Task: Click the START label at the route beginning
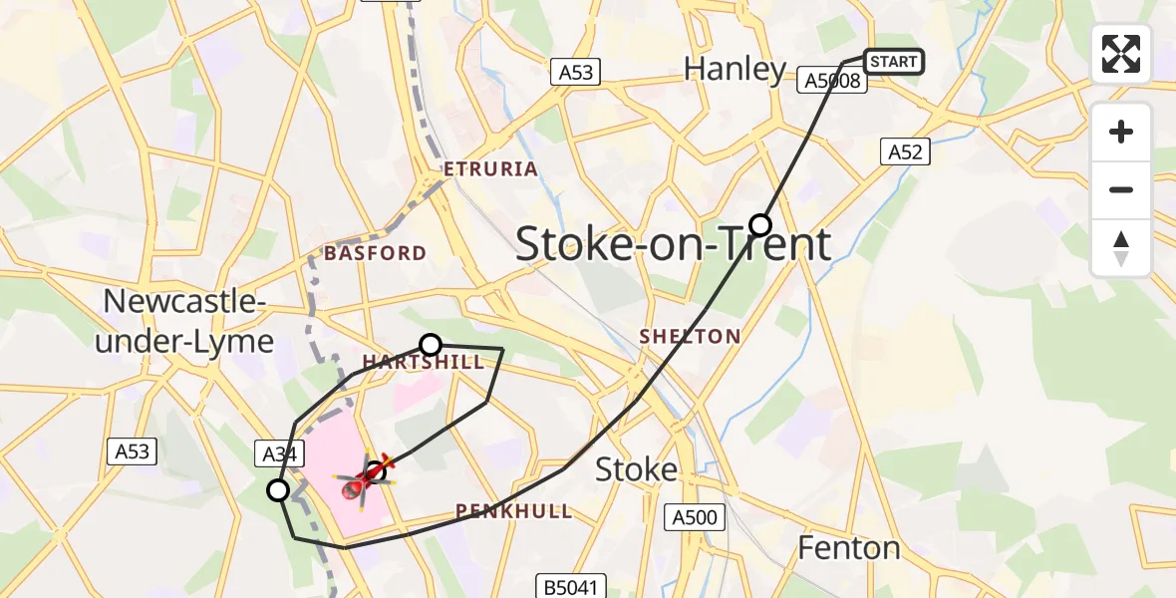click(893, 62)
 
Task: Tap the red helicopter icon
click(365, 478)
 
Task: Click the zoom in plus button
click(1121, 132)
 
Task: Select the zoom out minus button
click(1121, 189)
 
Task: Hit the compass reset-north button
click(1121, 247)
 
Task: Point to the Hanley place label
click(735, 69)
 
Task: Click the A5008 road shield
click(832, 81)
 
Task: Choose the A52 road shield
click(906, 151)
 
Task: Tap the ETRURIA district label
click(492, 169)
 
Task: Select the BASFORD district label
click(375, 253)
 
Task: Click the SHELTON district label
click(690, 337)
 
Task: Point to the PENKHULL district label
click(514, 511)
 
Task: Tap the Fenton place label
click(850, 547)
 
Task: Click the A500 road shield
click(693, 516)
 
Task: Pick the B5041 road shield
click(571, 587)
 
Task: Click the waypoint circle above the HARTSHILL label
click(431, 345)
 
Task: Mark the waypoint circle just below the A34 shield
click(278, 489)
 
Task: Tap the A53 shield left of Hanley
click(575, 71)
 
